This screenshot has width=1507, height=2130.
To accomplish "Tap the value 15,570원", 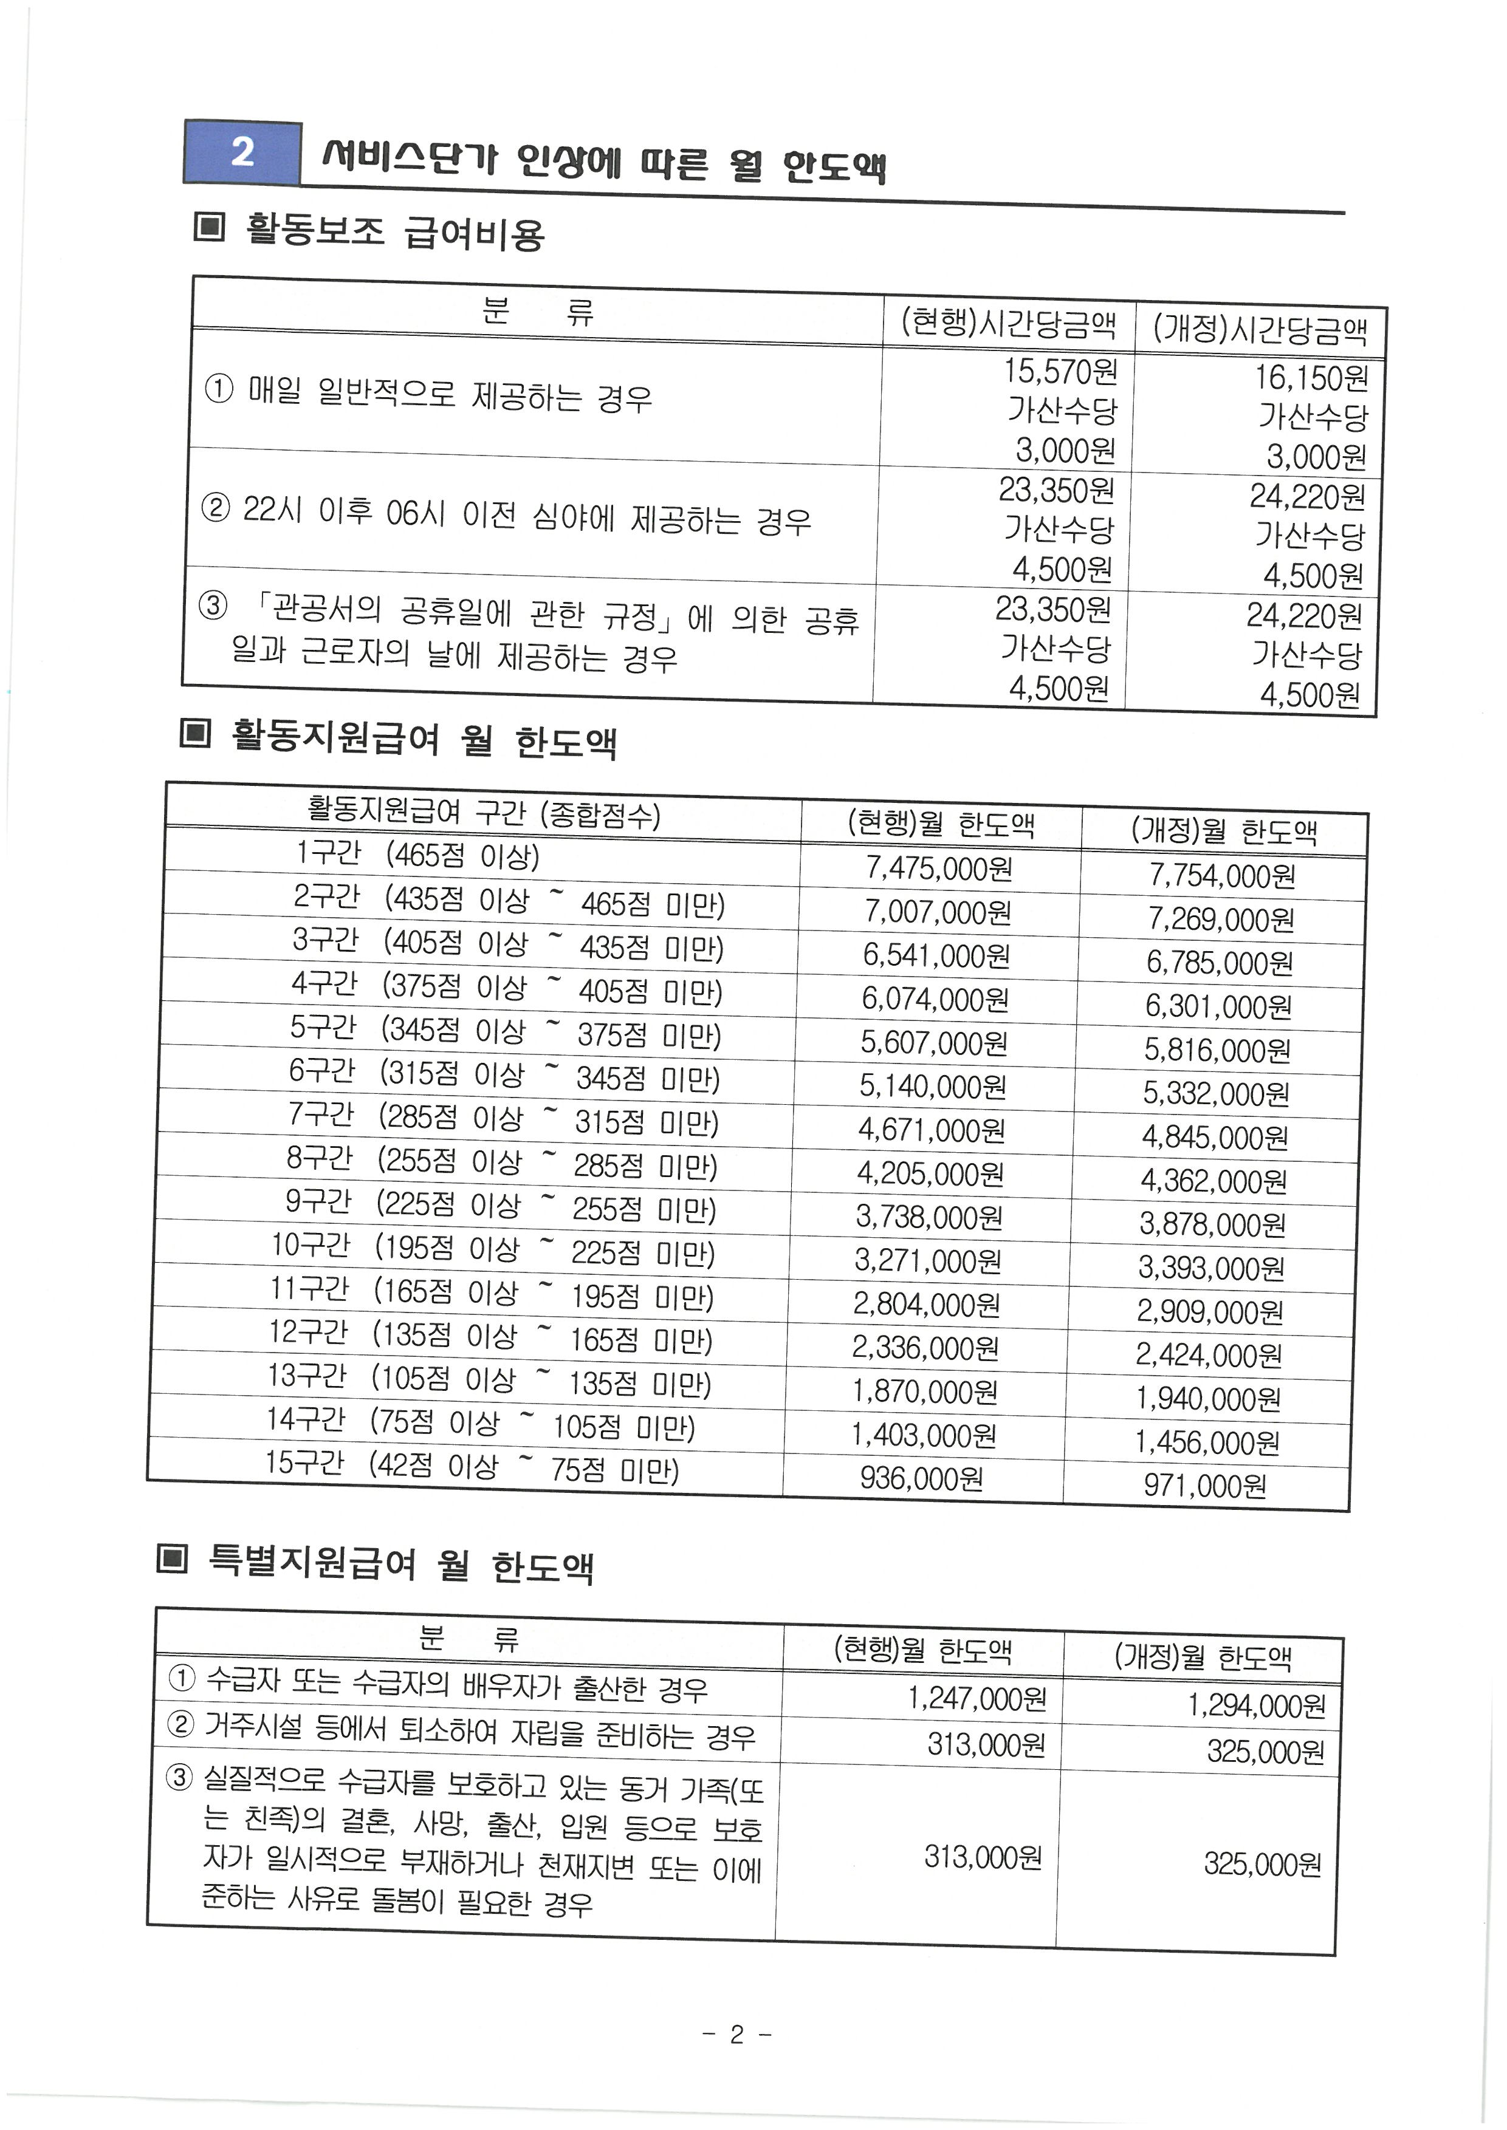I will click(x=1060, y=371).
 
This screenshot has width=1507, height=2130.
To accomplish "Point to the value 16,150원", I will click(x=1311, y=378).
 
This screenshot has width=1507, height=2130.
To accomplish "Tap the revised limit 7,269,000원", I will click(x=1220, y=918).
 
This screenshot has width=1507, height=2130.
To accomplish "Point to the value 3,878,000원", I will click(x=1212, y=1224).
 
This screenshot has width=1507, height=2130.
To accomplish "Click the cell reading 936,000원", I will click(x=921, y=1478).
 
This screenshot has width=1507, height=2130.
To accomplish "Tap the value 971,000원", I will click(x=1204, y=1485).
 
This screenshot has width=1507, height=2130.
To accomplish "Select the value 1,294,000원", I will click(x=1257, y=1705).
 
